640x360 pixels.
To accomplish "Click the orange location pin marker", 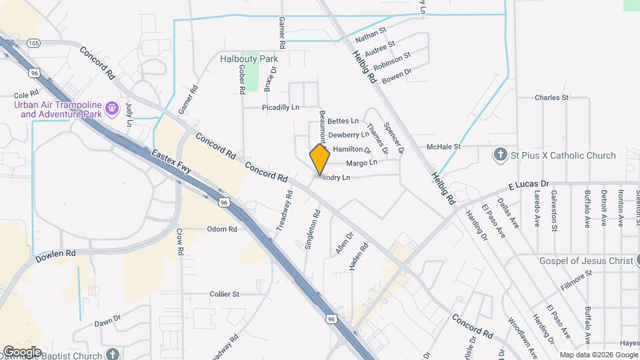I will (x=320, y=159).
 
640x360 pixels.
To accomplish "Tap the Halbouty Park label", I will (x=249, y=59).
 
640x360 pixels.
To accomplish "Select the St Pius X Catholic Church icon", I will (x=501, y=155).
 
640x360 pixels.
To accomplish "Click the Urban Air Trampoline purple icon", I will (x=112, y=107).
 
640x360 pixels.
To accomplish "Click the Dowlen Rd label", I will (x=56, y=253).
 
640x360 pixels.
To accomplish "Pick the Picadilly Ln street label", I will (x=281, y=107).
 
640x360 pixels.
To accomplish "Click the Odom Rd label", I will (x=222, y=229).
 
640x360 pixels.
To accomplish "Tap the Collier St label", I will (x=224, y=294).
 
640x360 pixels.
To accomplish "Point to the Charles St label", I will (x=551, y=97).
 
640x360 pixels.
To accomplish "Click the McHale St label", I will (x=444, y=147).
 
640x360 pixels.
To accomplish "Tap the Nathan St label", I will (x=371, y=35).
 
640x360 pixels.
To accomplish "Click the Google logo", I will (x=22, y=351).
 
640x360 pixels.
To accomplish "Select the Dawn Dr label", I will (x=107, y=321).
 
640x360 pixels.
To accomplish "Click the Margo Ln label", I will (x=362, y=162).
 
